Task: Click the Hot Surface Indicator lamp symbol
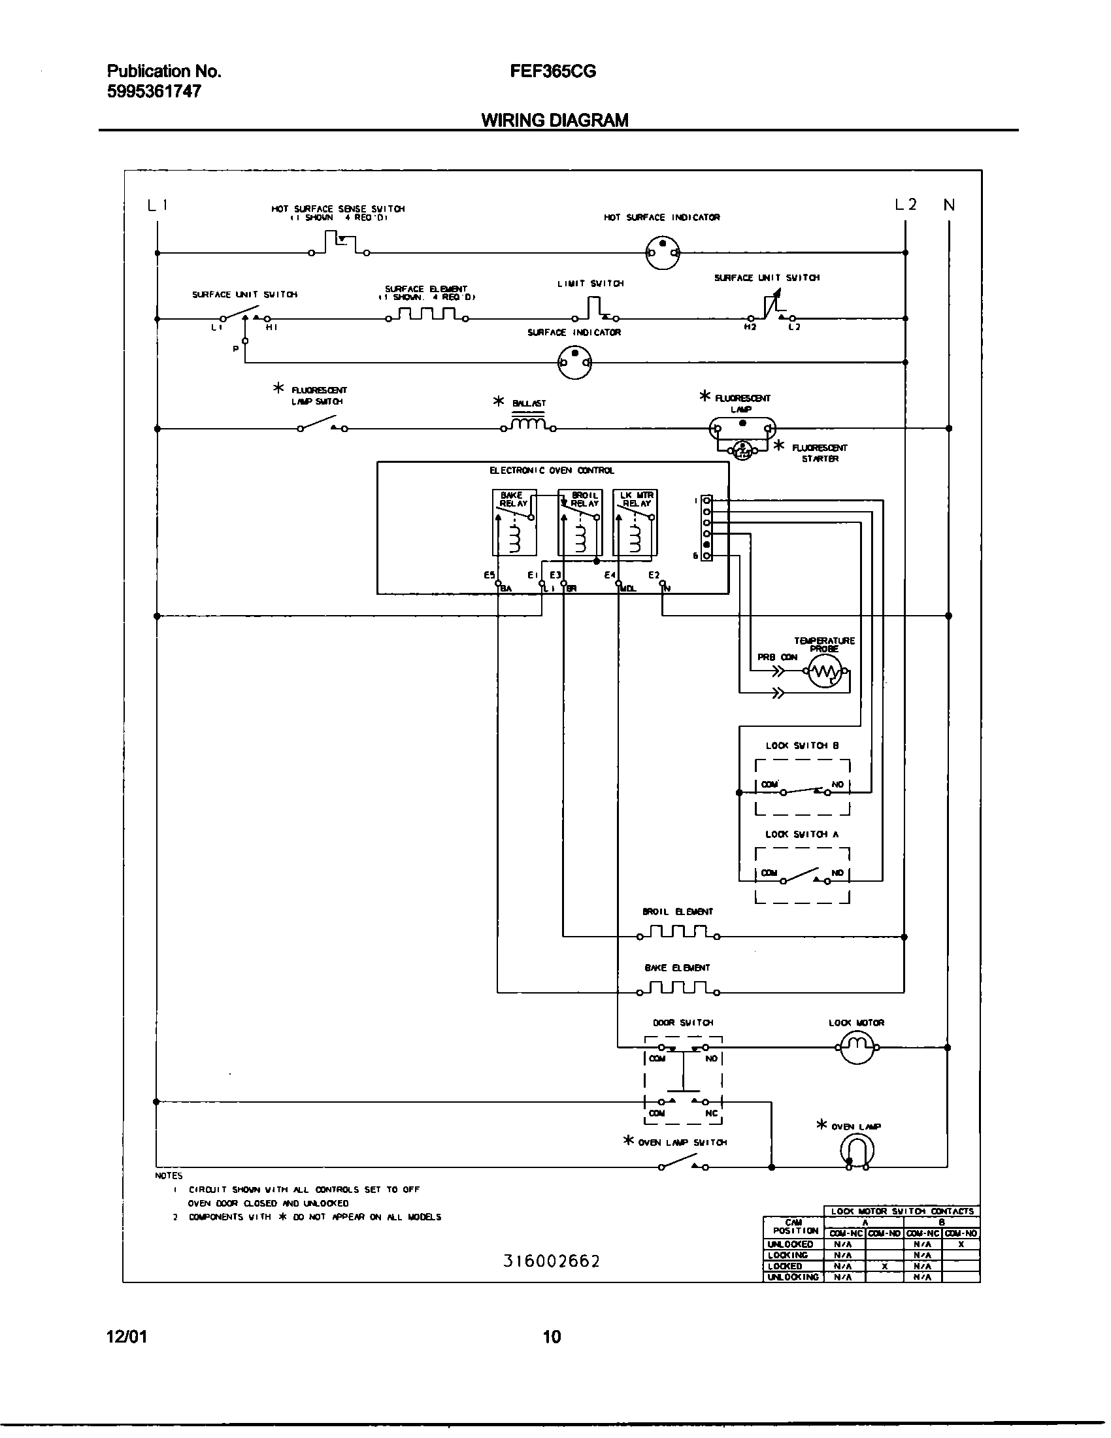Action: (x=662, y=253)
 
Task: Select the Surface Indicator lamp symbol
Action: (x=574, y=362)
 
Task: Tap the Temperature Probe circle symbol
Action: (x=825, y=672)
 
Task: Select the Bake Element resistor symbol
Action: (x=678, y=988)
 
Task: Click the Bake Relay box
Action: (x=514, y=522)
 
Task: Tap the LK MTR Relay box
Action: (x=635, y=522)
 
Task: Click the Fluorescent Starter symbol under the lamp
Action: (x=742, y=450)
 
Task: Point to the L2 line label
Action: (x=905, y=205)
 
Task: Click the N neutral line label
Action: (x=948, y=205)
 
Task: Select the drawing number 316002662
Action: (x=552, y=1261)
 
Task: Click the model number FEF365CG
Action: (x=552, y=72)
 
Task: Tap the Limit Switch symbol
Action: (x=597, y=309)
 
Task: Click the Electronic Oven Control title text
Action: (x=552, y=470)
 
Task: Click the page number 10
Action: (x=552, y=1336)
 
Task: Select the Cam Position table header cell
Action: (x=793, y=1227)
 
